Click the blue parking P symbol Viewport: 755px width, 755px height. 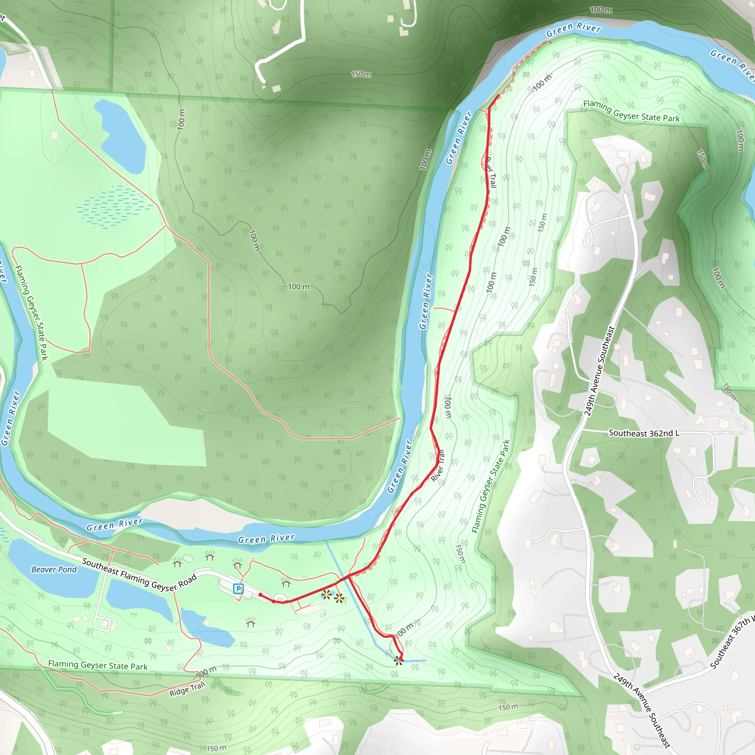click(x=239, y=588)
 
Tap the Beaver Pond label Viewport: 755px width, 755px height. click(x=54, y=569)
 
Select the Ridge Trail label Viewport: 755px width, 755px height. click(x=187, y=689)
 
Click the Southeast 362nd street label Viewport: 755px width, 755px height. click(x=644, y=433)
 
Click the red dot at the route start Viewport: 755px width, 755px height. click(x=260, y=595)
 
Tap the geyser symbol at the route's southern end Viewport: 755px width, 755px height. click(x=398, y=660)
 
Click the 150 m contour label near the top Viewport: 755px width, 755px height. click(x=361, y=74)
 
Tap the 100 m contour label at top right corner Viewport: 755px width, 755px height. click(x=601, y=10)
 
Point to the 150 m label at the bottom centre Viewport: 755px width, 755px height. click(x=216, y=748)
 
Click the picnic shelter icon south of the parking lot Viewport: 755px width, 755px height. click(x=250, y=622)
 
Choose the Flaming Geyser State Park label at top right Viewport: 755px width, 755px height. click(x=631, y=111)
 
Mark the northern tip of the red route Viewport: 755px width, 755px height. click(x=497, y=95)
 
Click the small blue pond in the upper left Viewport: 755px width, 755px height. click(x=121, y=137)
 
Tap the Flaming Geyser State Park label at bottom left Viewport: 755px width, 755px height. click(x=98, y=665)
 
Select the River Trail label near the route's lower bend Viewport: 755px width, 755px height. click(x=438, y=466)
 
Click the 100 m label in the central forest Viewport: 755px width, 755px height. click(x=299, y=287)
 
